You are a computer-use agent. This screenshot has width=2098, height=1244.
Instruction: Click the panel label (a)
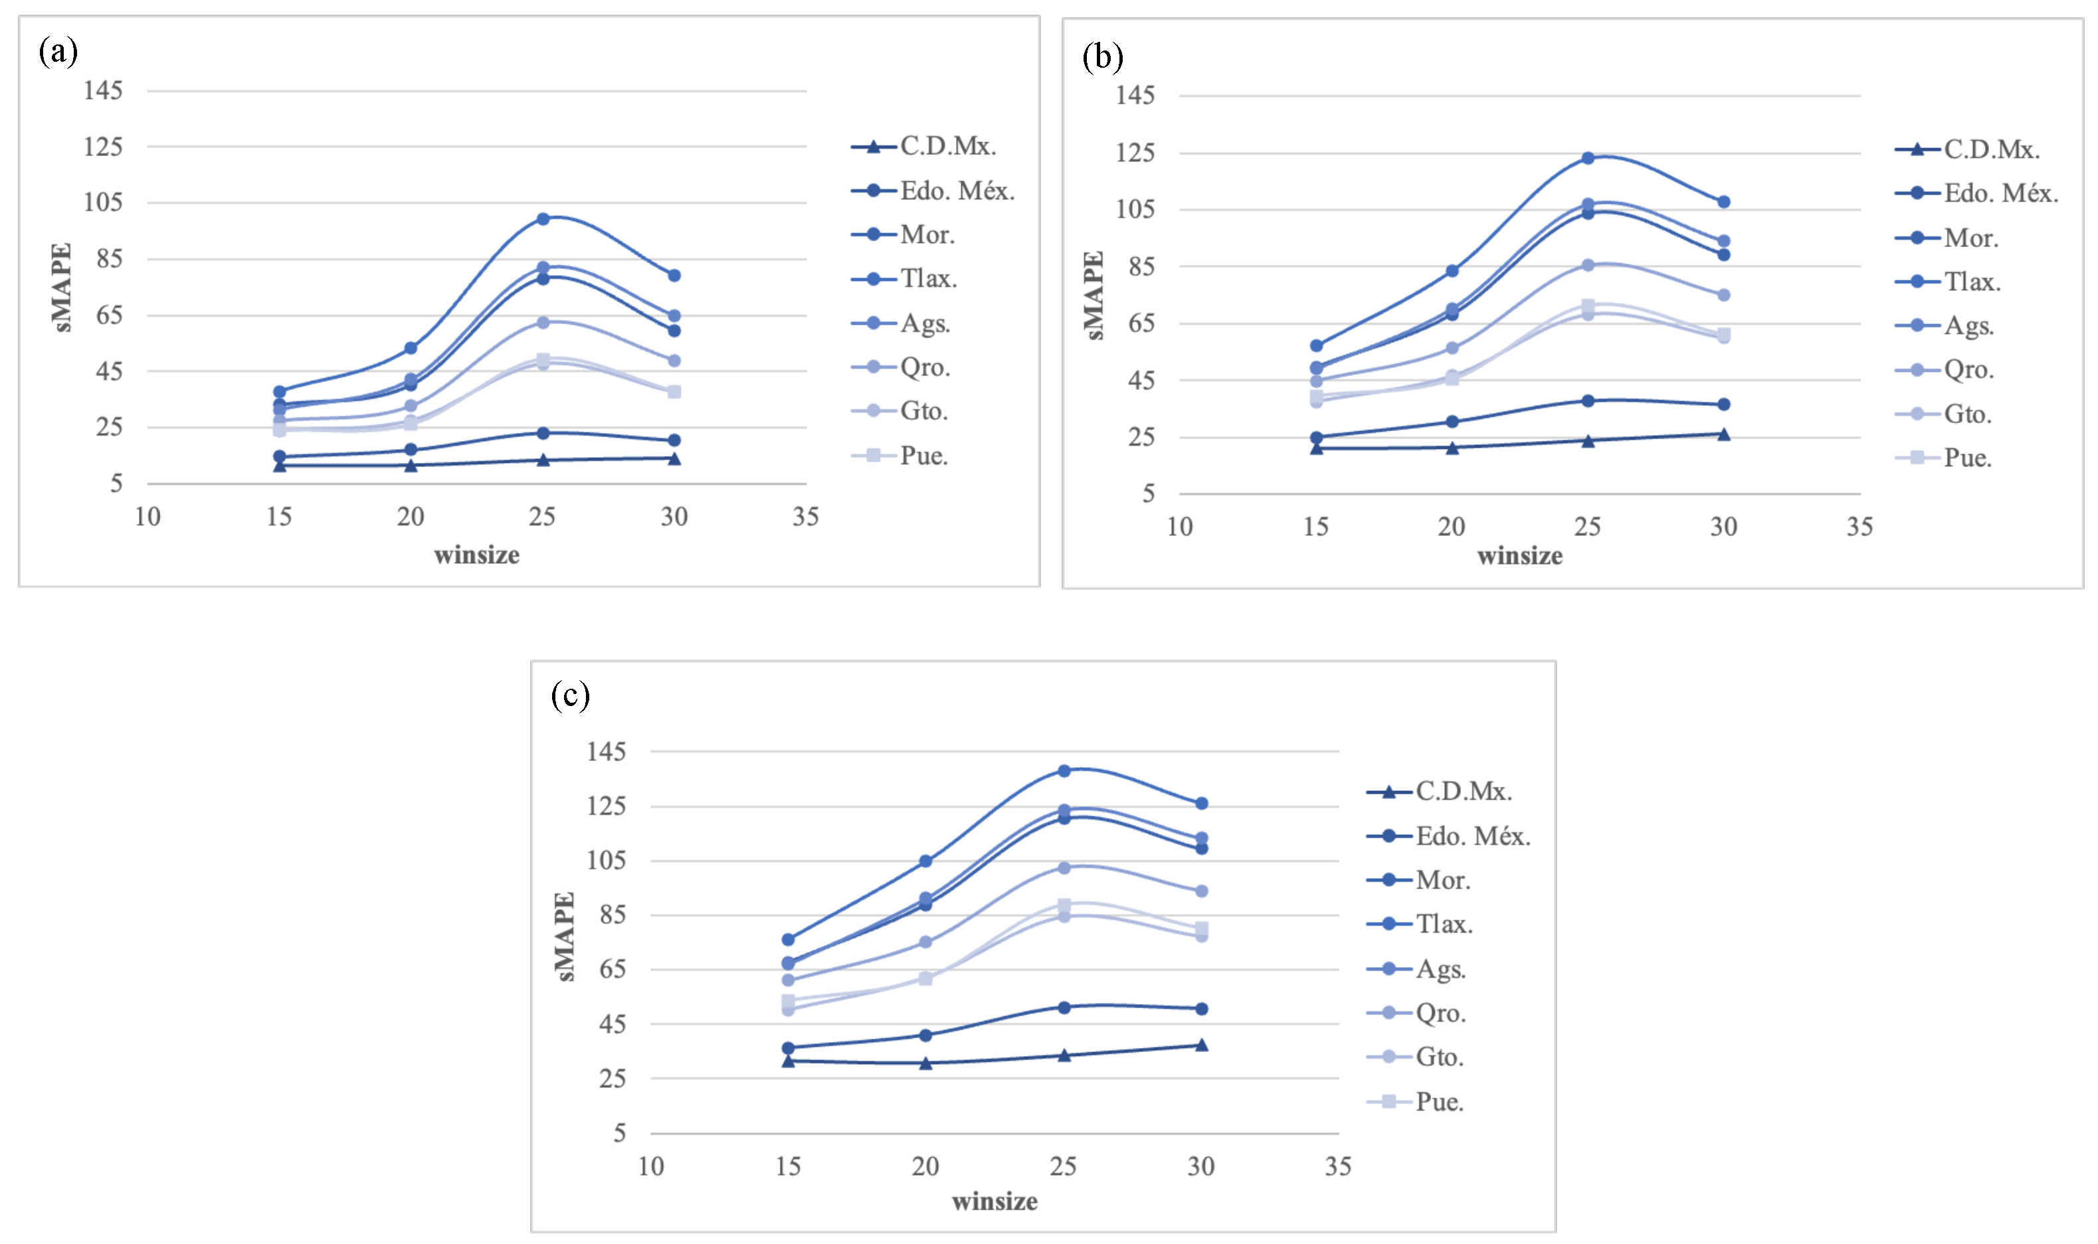58,51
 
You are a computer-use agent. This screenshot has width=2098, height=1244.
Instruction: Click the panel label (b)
1102,57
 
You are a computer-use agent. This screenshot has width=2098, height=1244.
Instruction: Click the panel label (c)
570,695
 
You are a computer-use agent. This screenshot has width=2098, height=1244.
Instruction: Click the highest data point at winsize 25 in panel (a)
543,219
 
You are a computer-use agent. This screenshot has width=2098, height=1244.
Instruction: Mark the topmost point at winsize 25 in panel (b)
1587,157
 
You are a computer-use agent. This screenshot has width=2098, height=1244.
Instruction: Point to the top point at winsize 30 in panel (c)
1200,803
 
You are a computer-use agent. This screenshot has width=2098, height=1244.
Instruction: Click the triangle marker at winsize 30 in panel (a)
674,458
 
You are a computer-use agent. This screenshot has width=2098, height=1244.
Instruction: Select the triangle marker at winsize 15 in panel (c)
788,1061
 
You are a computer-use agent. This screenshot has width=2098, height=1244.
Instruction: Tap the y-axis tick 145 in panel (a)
103,90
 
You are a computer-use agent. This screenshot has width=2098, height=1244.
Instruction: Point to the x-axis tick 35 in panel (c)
1337,1166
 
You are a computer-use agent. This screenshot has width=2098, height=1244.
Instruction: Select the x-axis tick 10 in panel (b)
1180,527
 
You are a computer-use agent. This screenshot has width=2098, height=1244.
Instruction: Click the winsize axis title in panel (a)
476,555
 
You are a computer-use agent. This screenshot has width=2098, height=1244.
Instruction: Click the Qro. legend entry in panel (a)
924,367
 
